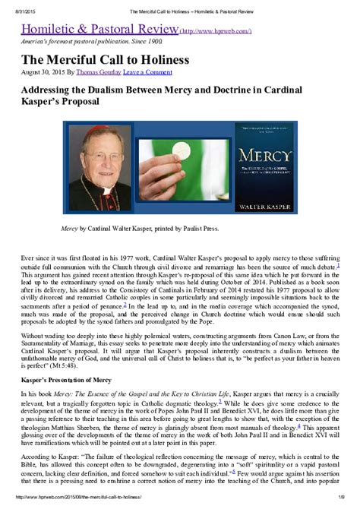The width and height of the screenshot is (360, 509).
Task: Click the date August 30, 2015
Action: [44, 72]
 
